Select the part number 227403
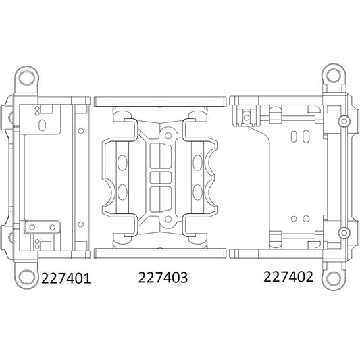(162, 278)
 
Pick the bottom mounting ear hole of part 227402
(332, 276)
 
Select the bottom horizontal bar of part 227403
(160, 252)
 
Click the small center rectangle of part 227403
(161, 177)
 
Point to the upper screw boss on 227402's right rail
(344, 122)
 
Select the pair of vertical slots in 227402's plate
(294, 138)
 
